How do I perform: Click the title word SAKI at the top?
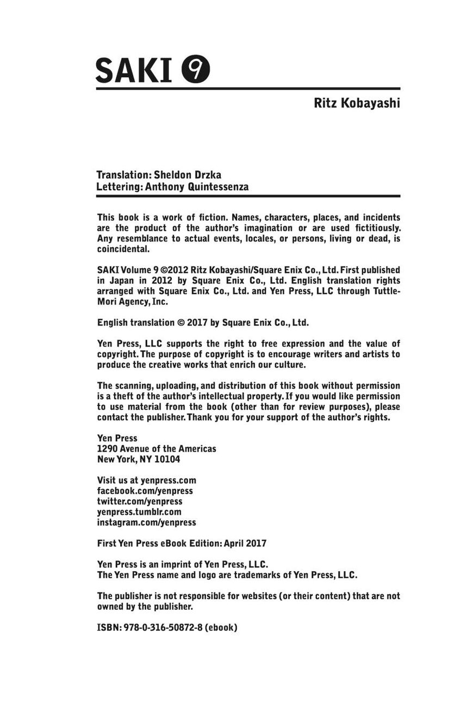(134, 71)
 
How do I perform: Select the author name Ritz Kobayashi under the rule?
(357, 103)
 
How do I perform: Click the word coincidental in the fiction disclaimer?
(123, 249)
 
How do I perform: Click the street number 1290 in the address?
(107, 449)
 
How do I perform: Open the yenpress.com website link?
(168, 480)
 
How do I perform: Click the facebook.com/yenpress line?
(145, 491)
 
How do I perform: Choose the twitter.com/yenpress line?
(140, 501)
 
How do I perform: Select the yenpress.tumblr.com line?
(139, 512)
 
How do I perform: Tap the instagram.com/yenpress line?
(146, 522)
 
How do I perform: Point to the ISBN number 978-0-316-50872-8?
(163, 627)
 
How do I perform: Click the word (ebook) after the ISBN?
(221, 627)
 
